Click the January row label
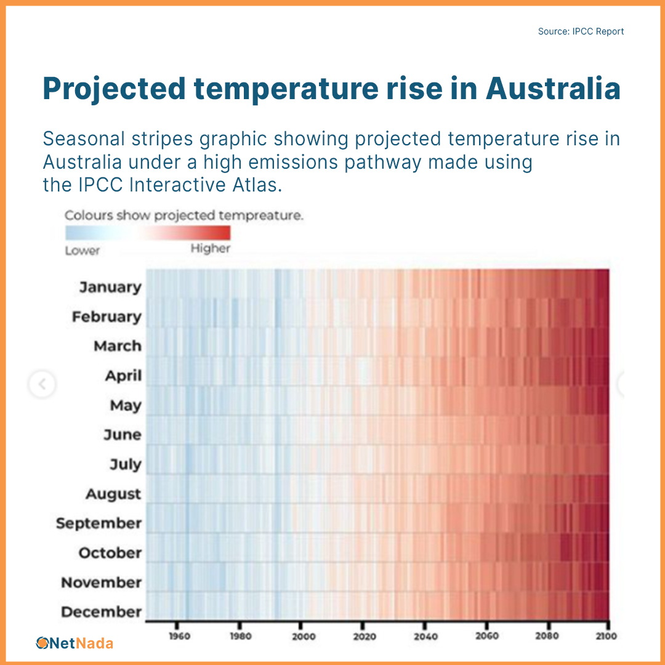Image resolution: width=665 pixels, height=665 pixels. [110, 288]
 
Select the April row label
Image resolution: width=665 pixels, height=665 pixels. [123, 376]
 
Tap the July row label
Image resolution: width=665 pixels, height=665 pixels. [126, 464]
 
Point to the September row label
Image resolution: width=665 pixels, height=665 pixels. [99, 523]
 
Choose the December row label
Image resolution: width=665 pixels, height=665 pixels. [101, 612]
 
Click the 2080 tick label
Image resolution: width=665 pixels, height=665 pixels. [547, 636]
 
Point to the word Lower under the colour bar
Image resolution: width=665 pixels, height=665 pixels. [83, 250]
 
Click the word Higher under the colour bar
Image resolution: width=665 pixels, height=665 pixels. [210, 249]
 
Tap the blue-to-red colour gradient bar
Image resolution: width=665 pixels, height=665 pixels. [148, 233]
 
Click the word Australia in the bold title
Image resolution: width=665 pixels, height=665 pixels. [553, 89]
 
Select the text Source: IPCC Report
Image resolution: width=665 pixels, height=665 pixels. [581, 31]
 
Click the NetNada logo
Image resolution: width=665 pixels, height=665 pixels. [75, 643]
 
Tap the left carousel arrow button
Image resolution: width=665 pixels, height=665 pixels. [42, 385]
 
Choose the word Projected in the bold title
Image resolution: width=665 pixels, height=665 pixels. [114, 89]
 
